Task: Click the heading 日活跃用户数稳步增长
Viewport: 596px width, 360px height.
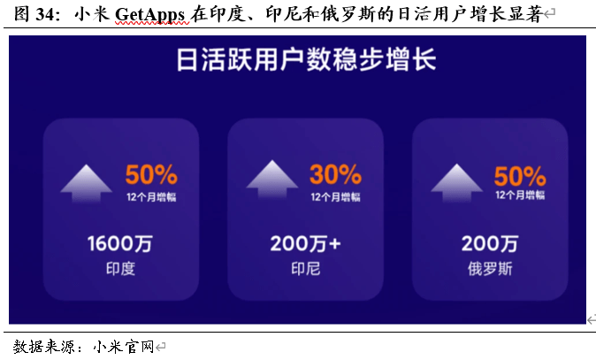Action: (x=306, y=59)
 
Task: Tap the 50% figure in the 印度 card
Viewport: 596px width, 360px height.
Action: (x=151, y=174)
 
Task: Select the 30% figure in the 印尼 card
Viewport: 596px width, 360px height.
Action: (x=335, y=174)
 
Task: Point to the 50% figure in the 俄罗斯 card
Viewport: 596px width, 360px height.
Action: (x=520, y=176)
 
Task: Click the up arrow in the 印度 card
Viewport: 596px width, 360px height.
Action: (x=87, y=183)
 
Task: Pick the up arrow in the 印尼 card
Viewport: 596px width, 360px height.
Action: (x=272, y=180)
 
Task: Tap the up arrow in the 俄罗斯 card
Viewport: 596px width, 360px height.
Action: (x=456, y=183)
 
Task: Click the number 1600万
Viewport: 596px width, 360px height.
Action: (x=120, y=243)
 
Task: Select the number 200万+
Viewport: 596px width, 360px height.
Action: (x=305, y=243)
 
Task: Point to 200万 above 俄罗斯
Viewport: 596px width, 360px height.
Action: (x=490, y=243)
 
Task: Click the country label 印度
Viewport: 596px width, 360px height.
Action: (x=120, y=269)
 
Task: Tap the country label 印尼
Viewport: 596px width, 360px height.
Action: (x=306, y=269)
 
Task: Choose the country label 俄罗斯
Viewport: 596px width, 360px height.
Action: (x=490, y=269)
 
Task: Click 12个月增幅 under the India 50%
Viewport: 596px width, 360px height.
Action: (x=151, y=197)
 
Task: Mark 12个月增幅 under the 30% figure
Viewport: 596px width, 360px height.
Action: (x=335, y=197)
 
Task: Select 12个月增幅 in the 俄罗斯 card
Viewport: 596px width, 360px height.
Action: (x=520, y=195)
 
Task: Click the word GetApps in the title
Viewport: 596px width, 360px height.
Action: (x=149, y=15)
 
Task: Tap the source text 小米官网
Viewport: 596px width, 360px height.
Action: (x=123, y=347)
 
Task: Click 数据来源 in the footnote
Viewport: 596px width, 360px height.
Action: (x=43, y=347)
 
